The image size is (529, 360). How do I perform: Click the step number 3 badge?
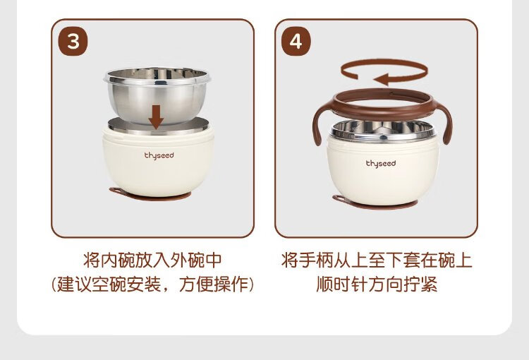[73, 41]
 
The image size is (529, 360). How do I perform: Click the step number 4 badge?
[296, 41]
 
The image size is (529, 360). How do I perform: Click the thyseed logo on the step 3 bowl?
[159, 156]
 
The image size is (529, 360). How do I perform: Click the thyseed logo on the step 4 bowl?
[381, 164]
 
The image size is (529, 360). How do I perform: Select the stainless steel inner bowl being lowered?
[157, 95]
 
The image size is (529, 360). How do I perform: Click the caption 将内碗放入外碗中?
[152, 260]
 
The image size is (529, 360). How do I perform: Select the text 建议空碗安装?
[109, 284]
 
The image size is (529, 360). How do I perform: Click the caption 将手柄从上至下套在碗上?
[377, 260]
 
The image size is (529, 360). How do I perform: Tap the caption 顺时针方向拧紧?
[377, 284]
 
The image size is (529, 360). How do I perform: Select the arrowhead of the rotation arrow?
[381, 80]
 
